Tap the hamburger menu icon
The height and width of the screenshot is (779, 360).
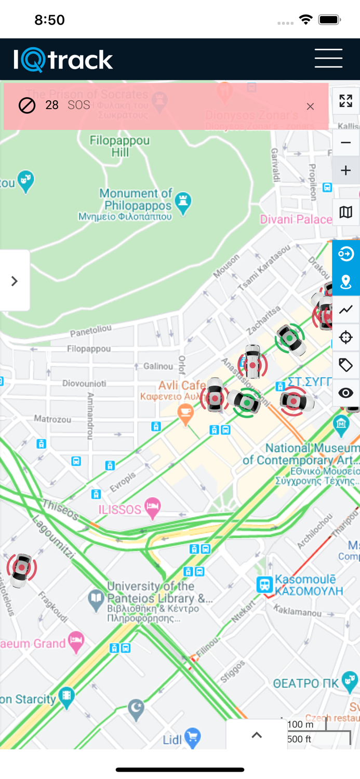(328, 58)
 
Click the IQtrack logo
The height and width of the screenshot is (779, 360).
(63, 60)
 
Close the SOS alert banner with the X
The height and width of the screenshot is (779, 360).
(310, 106)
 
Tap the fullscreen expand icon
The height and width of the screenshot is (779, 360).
(346, 101)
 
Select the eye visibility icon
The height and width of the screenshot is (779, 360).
(346, 393)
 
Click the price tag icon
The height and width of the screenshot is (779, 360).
(346, 365)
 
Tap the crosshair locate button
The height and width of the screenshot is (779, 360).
(346, 338)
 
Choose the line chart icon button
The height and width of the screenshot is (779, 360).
(346, 310)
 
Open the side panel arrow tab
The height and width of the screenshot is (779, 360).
(15, 281)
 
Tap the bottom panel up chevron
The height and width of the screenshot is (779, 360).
(257, 735)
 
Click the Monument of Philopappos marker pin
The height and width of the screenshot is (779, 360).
(183, 203)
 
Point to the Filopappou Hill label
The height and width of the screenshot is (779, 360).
(119, 146)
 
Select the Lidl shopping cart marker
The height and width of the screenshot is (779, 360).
(193, 738)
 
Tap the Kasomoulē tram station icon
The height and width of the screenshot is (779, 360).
(264, 584)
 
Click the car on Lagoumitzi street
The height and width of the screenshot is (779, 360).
(21, 570)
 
